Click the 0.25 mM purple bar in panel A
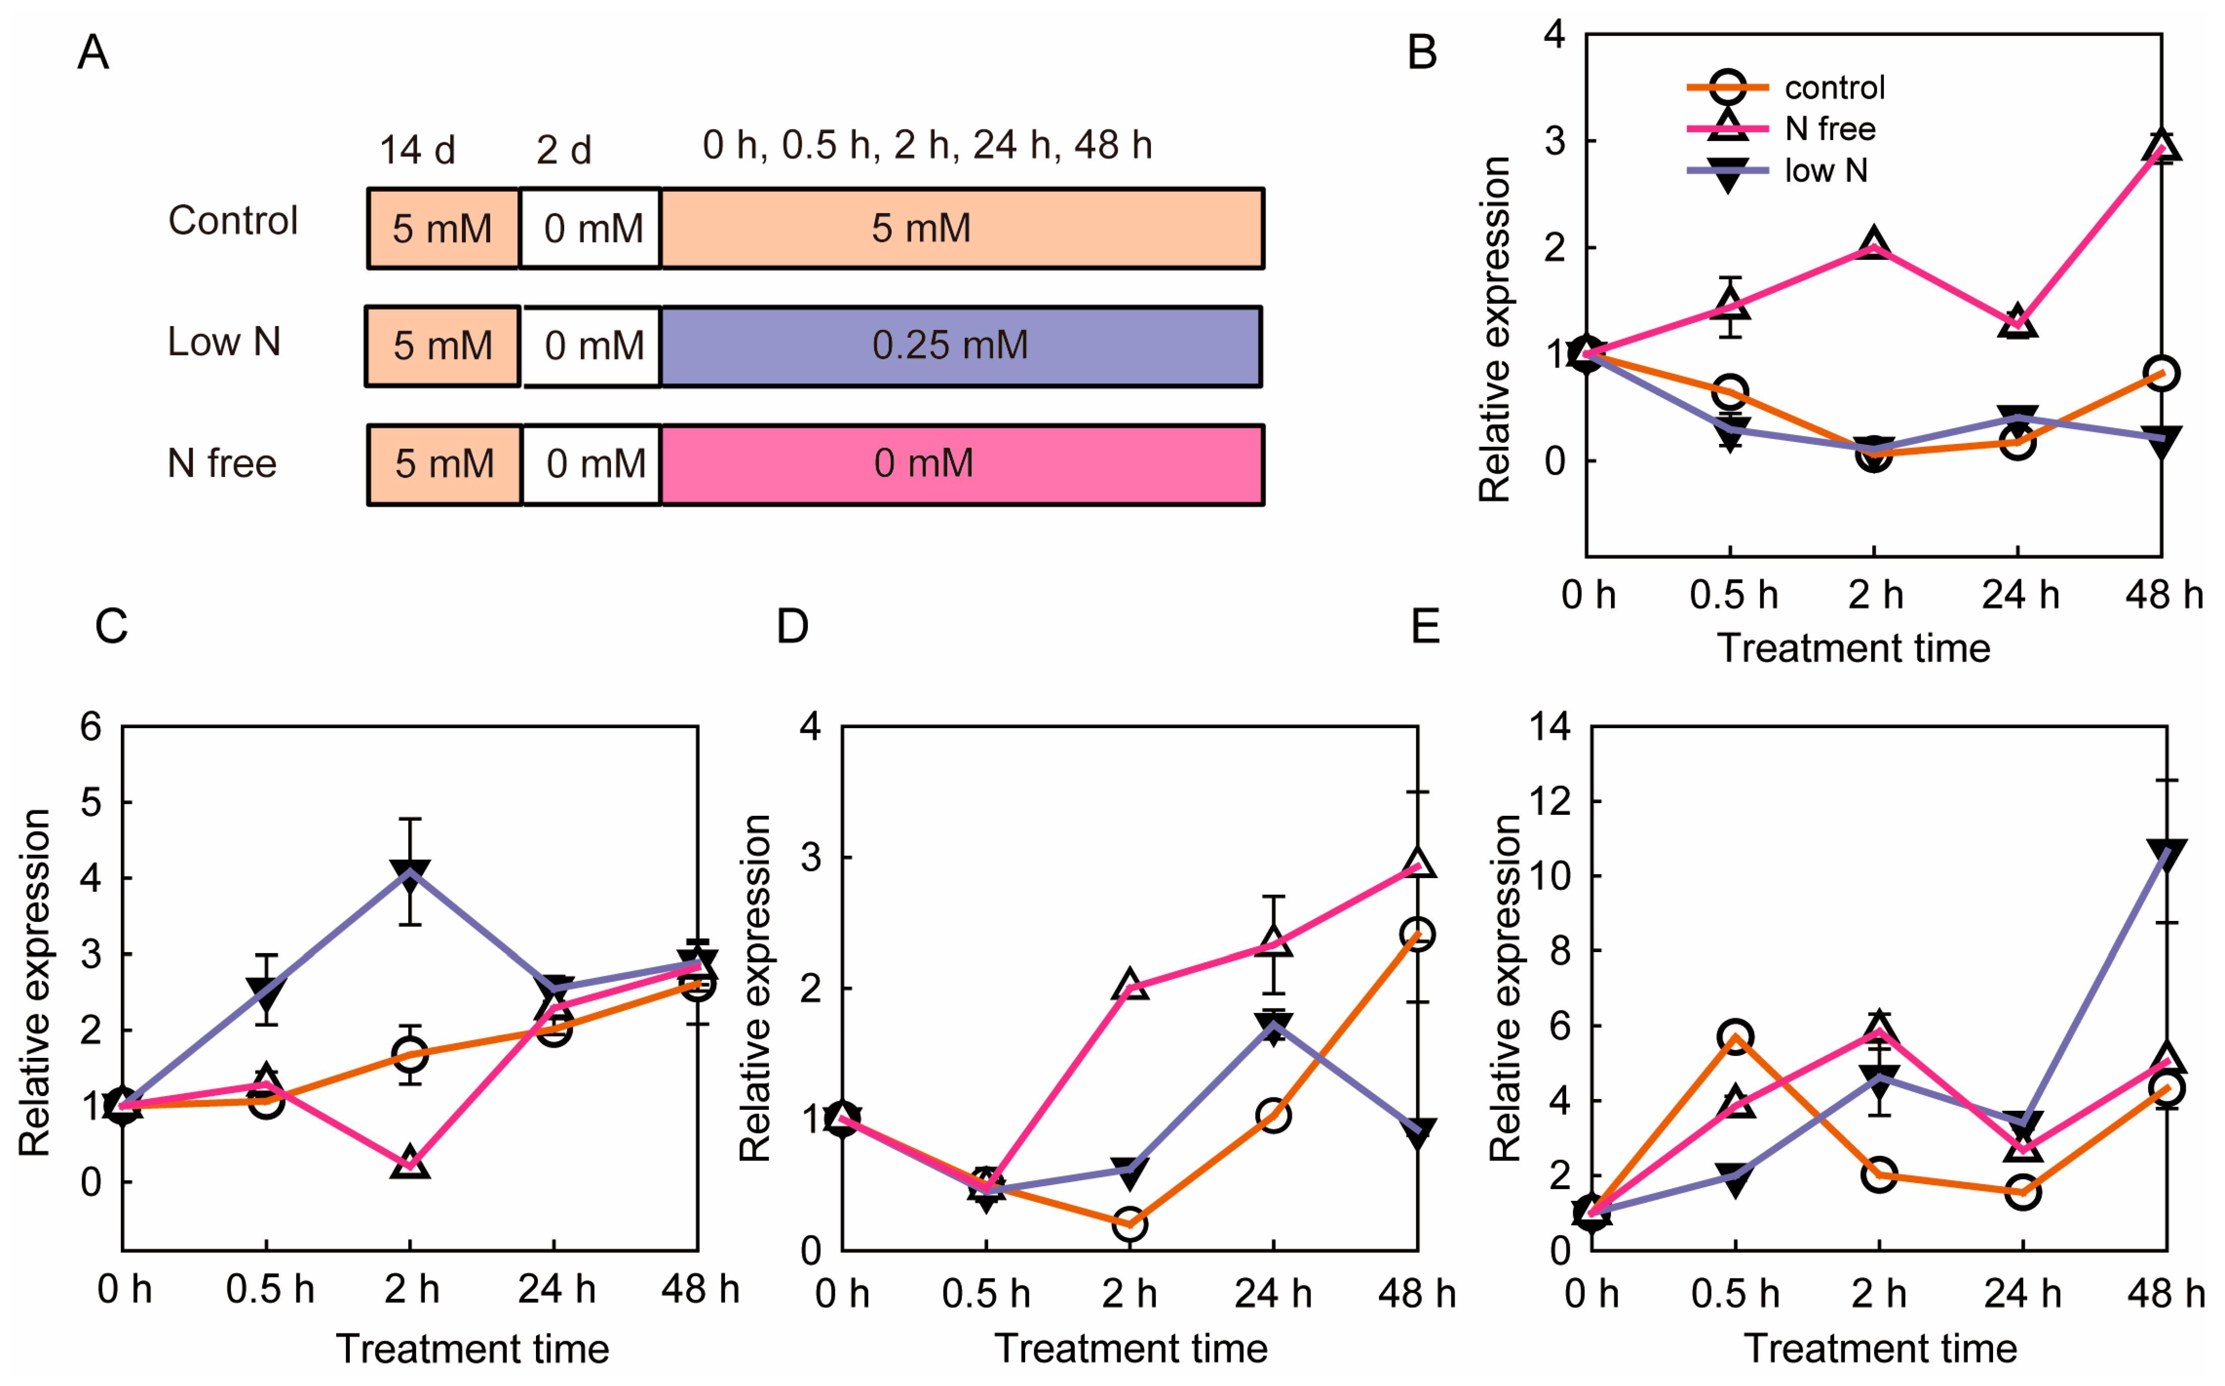[x=960, y=346]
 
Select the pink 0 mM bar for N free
[x=962, y=465]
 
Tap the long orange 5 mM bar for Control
[x=962, y=229]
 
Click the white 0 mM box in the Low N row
[x=592, y=346]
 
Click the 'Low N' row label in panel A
[x=223, y=342]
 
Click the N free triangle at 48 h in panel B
[x=2162, y=146]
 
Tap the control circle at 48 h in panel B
[x=2162, y=373]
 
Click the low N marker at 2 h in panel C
[x=410, y=873]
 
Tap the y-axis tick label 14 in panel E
[x=1549, y=727]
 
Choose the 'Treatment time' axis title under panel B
[x=1854, y=648]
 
